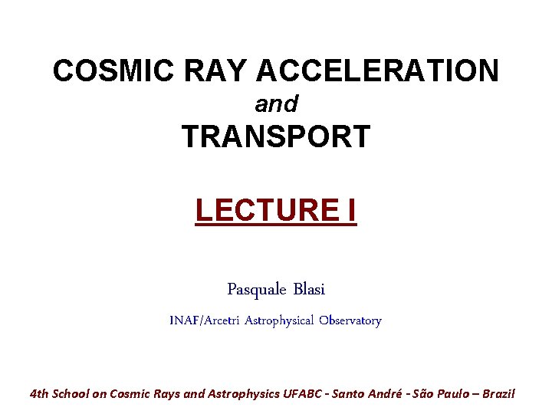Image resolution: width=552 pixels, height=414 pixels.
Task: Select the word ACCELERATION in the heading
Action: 377,71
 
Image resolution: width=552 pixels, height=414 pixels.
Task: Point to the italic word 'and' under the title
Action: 276,103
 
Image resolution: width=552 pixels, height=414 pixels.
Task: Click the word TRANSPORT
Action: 276,137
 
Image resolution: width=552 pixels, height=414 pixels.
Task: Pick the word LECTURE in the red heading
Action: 262,209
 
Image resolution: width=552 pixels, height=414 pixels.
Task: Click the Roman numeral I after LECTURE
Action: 350,209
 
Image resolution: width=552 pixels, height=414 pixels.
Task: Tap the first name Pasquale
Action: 257,290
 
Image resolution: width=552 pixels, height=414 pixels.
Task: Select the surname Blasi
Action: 309,290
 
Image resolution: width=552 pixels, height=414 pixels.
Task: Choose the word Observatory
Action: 350,320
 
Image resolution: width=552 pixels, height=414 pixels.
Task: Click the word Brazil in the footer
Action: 498,394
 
